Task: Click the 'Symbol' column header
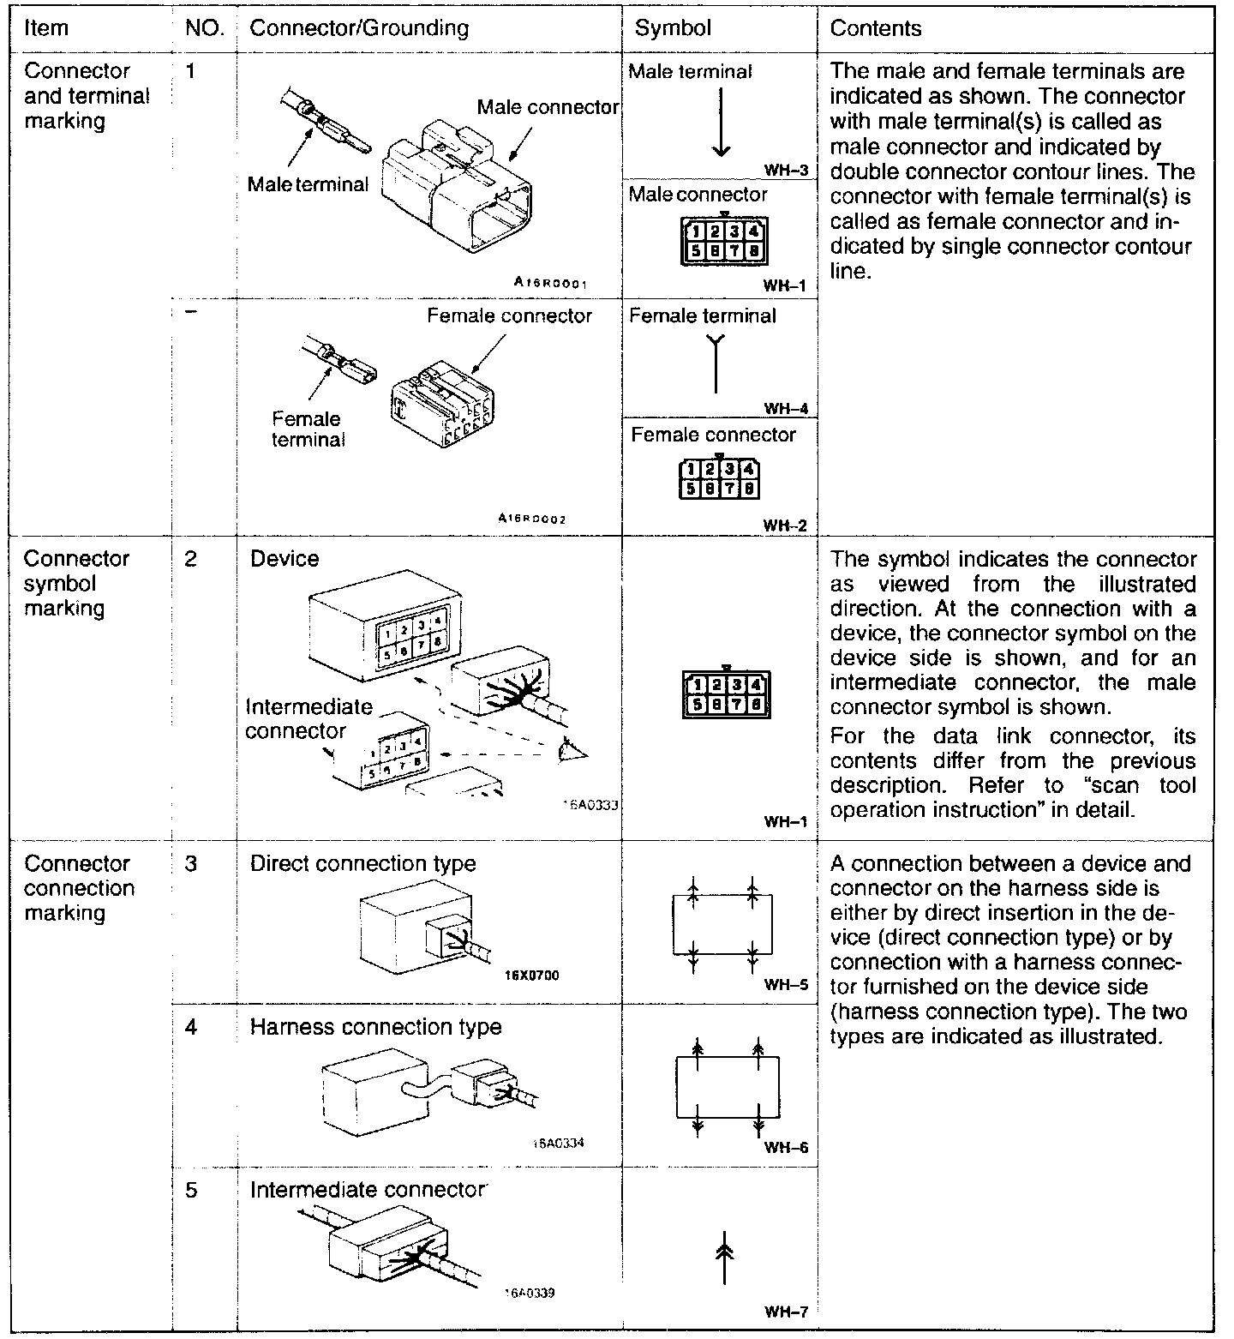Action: tap(673, 28)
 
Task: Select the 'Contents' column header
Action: tap(875, 28)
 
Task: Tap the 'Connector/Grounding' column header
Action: tap(359, 28)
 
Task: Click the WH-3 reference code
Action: tap(787, 170)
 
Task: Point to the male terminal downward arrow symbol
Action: tap(721, 122)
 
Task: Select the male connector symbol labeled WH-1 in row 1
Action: tap(724, 241)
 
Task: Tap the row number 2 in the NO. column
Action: tap(190, 559)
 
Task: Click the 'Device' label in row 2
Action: tap(285, 559)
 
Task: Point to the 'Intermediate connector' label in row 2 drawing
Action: tap(308, 718)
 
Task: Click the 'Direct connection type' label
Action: tap(362, 863)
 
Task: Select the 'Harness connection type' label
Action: tap(375, 1026)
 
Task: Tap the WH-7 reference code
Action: tap(786, 1312)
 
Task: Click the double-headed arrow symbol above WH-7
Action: tap(724, 1258)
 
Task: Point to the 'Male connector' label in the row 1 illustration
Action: tap(548, 107)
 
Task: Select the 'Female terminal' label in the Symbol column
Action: tap(702, 316)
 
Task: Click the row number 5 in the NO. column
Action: tap(191, 1190)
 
